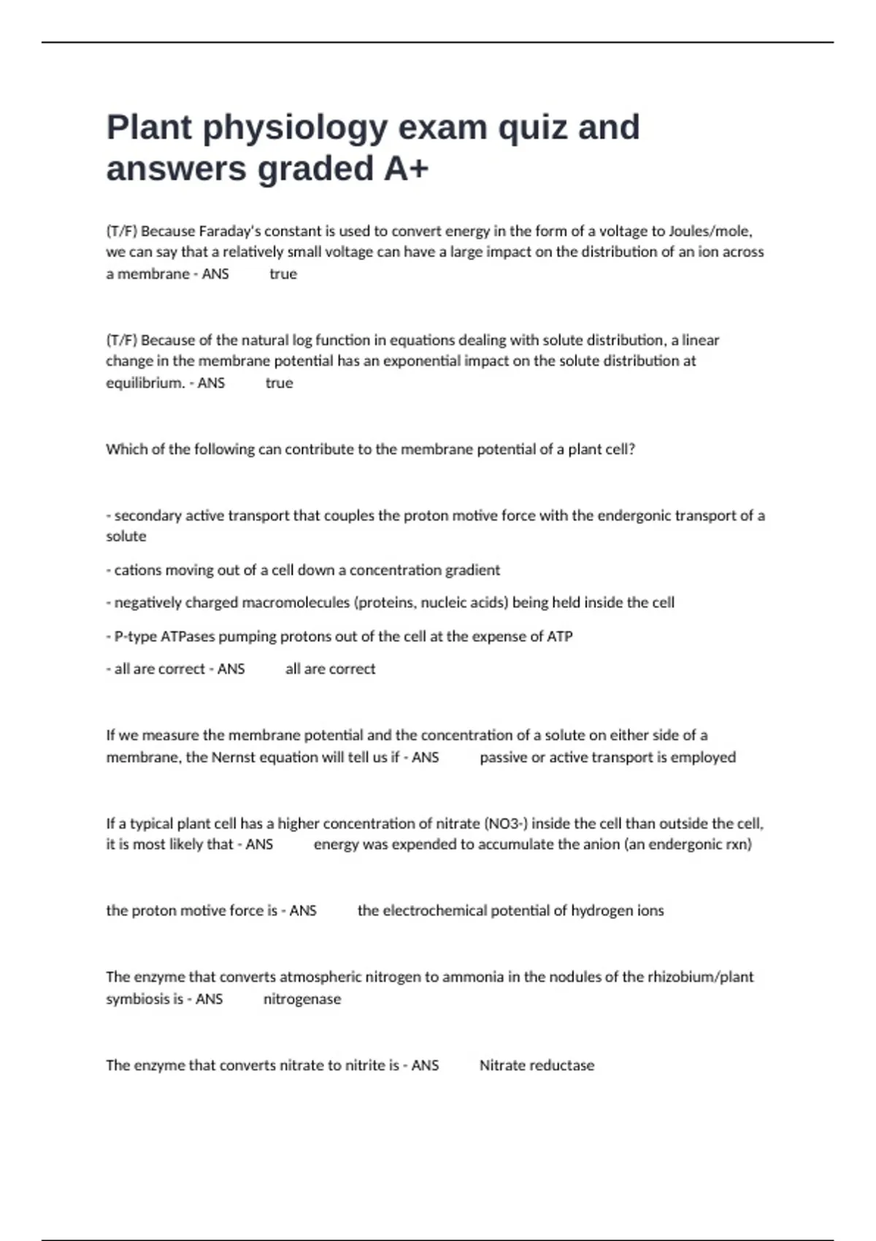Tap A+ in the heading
coord(406,169)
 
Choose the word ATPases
coord(188,637)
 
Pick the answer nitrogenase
coord(302,999)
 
